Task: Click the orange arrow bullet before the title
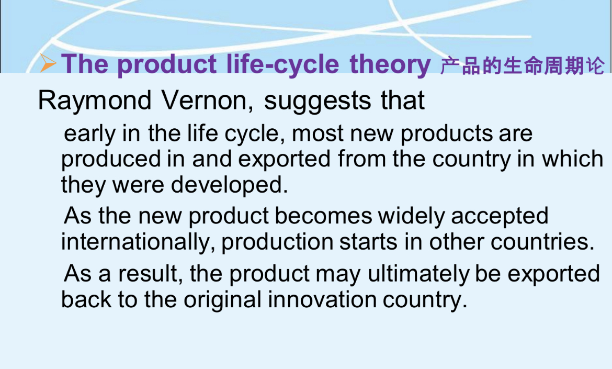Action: (48, 63)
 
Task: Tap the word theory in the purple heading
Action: (390, 64)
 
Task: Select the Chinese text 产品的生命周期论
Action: (523, 65)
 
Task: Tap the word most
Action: (318, 133)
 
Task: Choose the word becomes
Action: (323, 216)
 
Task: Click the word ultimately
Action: (418, 275)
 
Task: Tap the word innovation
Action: (322, 300)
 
